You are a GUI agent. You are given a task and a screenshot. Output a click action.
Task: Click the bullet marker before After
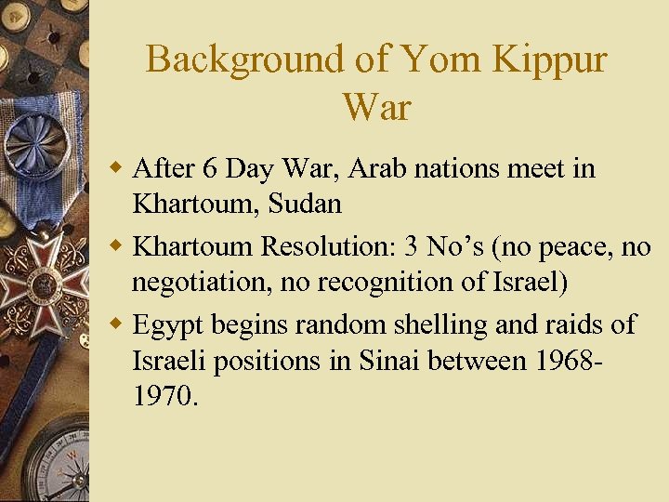click(x=118, y=169)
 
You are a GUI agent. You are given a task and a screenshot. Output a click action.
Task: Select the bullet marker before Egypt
click(x=118, y=325)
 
